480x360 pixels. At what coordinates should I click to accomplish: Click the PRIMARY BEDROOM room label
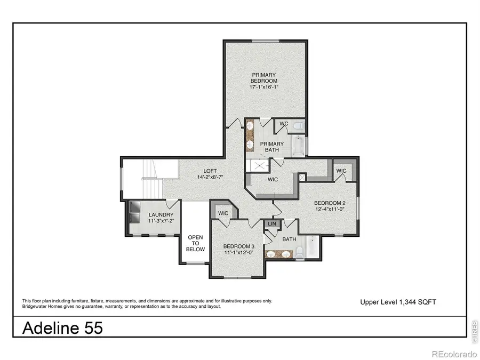265,77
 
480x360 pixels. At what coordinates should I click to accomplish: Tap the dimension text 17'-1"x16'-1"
265,87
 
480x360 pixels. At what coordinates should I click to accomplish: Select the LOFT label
195,171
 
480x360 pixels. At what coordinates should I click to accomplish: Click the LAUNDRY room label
161,215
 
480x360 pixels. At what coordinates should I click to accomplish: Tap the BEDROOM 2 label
330,203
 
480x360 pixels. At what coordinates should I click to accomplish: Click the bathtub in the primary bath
299,146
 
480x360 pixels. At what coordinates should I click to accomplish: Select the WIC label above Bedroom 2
341,171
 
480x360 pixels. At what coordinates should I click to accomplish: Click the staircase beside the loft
151,187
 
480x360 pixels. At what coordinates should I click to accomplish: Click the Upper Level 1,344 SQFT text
398,302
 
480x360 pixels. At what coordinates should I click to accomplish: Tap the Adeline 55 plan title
62,327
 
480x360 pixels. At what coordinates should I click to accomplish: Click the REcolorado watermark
453,354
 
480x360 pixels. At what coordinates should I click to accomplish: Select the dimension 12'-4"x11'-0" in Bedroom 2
330,210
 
